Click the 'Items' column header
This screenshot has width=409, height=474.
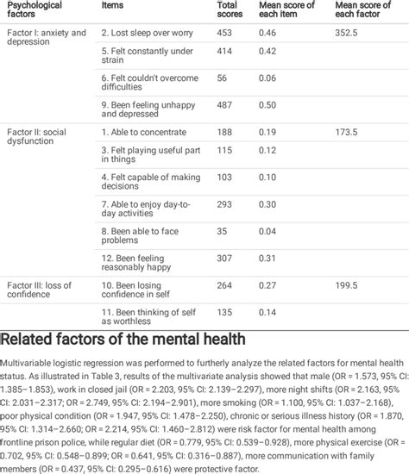pos(112,5)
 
